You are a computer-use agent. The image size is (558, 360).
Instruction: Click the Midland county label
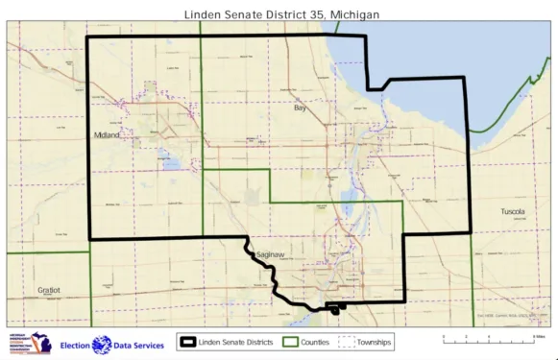(x=106, y=135)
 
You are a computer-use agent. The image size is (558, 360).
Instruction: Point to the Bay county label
(x=299, y=108)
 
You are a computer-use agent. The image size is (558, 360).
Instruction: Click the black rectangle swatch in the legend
(x=187, y=342)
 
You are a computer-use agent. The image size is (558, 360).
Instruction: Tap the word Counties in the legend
(x=316, y=342)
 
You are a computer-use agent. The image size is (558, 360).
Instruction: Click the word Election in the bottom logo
(x=75, y=345)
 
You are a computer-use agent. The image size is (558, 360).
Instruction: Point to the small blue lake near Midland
(x=171, y=162)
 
